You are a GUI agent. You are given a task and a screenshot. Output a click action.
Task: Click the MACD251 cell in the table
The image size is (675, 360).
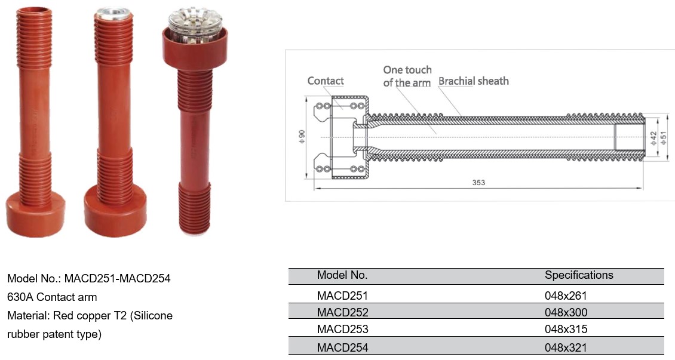[342, 296]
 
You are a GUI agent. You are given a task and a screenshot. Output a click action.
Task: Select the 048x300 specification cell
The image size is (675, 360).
[566, 312]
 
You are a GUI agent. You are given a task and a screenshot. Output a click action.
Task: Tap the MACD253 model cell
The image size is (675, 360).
[342, 330]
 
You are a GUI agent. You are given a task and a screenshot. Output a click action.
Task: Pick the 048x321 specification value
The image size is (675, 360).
[566, 347]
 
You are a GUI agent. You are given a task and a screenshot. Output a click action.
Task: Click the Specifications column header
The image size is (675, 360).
[579, 275]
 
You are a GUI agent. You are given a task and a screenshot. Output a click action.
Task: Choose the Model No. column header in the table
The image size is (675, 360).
[342, 275]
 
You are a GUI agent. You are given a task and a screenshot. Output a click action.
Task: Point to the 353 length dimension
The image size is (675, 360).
[478, 182]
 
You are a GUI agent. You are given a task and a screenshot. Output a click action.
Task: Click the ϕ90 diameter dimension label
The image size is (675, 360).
[302, 136]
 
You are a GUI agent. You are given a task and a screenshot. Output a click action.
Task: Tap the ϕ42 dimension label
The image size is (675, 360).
[653, 138]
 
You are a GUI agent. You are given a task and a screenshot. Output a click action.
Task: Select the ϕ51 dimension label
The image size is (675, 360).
[664, 138]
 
